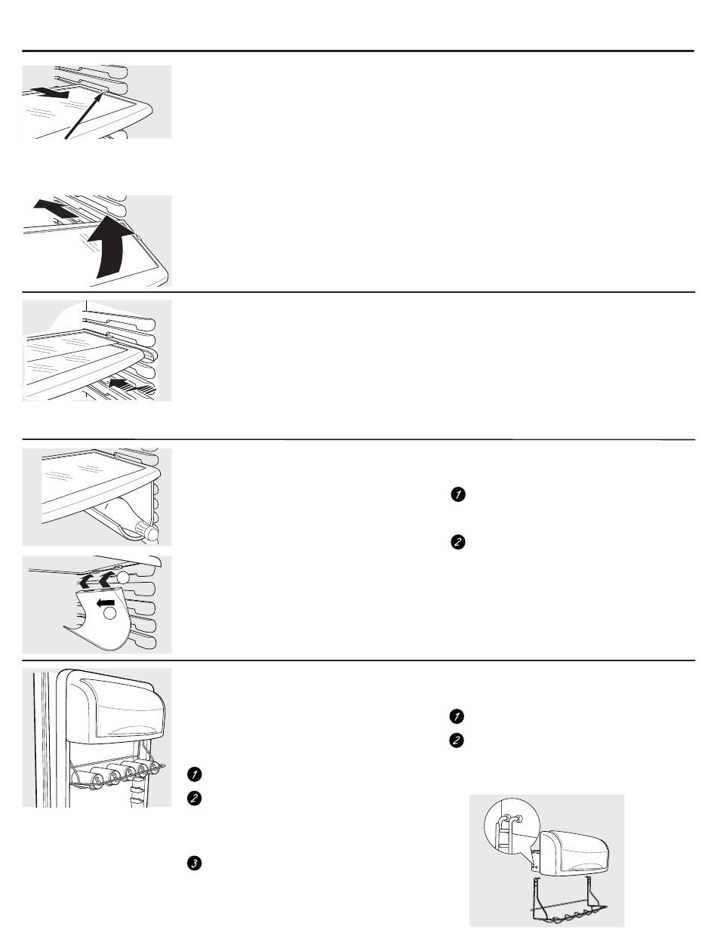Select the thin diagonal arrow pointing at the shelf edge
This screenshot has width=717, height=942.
tap(84, 116)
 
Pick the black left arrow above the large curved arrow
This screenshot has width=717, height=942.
tap(55, 208)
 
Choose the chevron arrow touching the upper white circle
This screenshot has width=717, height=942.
tap(108, 579)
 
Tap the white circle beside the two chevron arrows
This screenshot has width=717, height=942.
tap(123, 577)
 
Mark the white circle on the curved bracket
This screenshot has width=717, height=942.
tap(110, 613)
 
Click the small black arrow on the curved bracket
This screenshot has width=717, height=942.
tap(105, 603)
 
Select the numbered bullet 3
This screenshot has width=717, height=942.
tap(195, 863)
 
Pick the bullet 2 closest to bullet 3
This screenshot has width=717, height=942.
tap(195, 799)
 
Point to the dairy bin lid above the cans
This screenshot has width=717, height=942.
tap(116, 706)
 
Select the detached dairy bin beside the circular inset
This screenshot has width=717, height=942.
tap(574, 854)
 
